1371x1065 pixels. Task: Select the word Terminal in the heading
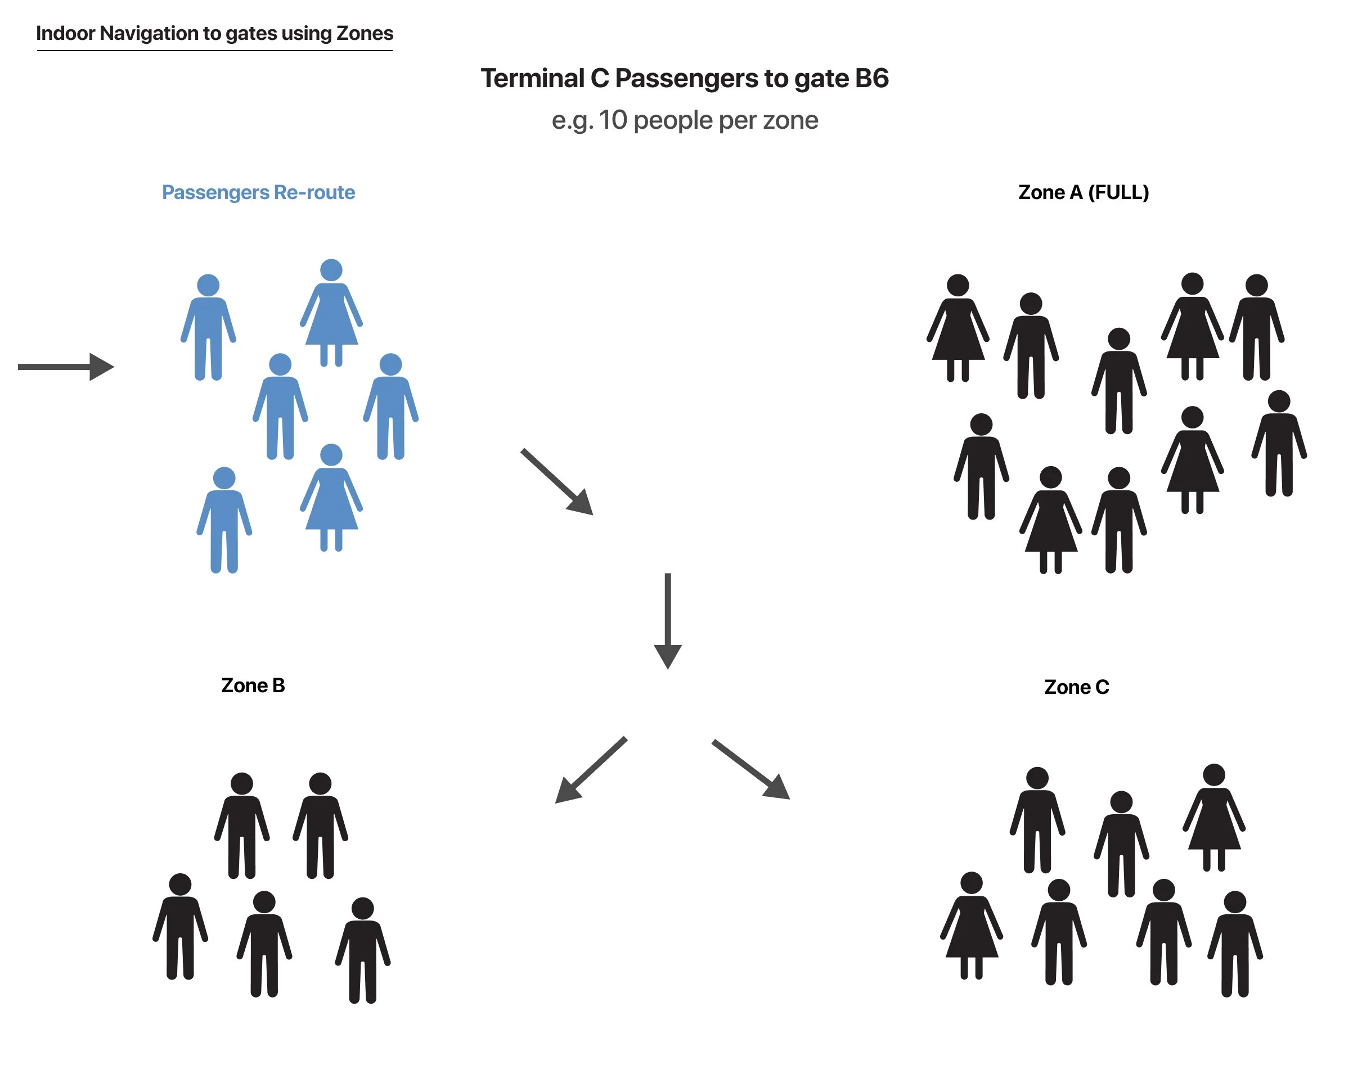click(532, 79)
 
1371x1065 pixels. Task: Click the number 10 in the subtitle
click(612, 120)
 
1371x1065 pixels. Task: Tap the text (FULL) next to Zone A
click(1118, 192)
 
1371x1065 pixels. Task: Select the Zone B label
click(253, 685)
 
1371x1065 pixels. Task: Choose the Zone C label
click(1076, 687)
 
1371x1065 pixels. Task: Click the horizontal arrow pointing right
click(66, 367)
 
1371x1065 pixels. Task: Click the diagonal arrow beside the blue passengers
click(557, 481)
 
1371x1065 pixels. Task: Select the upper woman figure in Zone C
click(1213, 816)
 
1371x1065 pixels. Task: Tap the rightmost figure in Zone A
click(1279, 443)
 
